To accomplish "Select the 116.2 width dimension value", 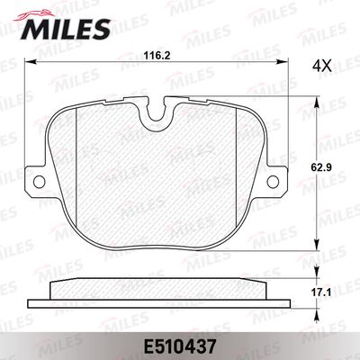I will coord(157,56).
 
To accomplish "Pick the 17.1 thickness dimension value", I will coord(336,293).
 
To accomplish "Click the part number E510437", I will coord(181,343).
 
